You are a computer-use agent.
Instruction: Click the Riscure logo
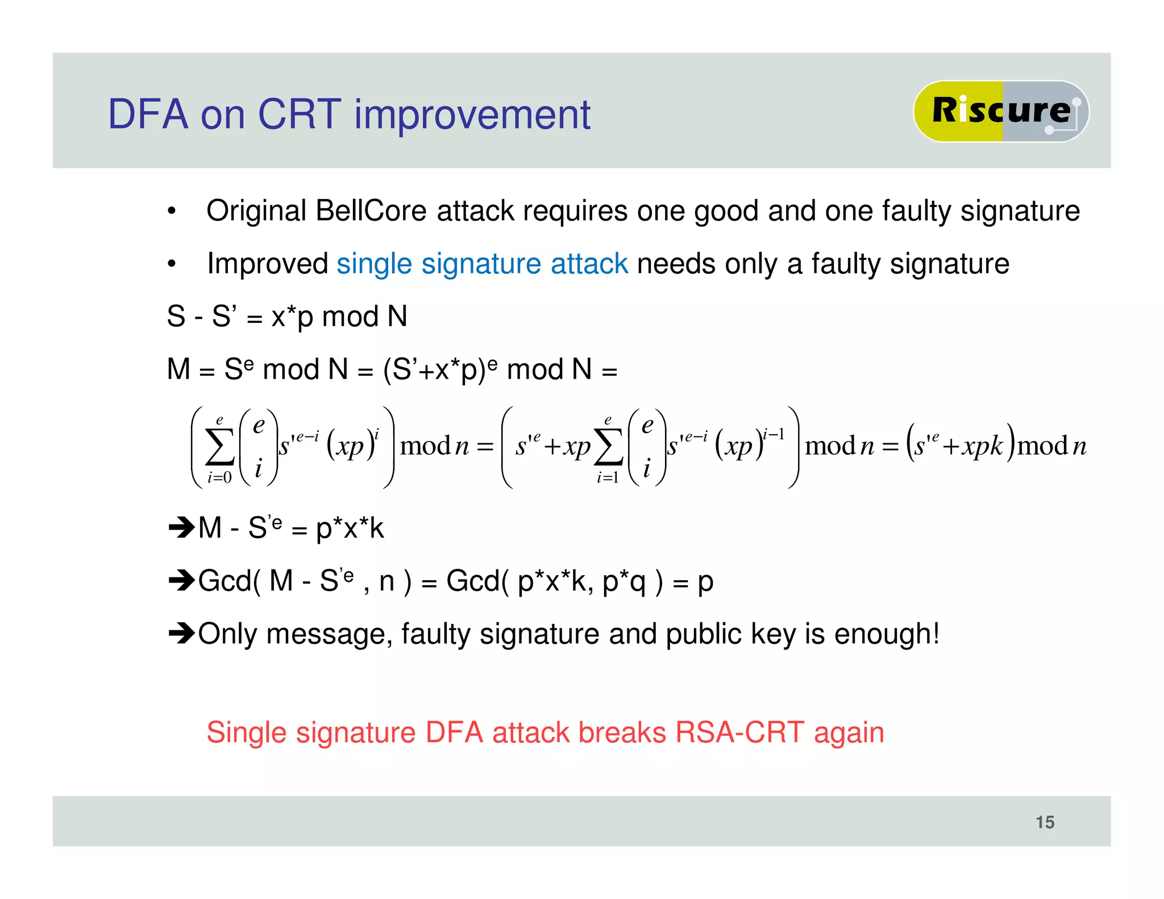(1000, 111)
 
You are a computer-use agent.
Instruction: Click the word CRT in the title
(300, 115)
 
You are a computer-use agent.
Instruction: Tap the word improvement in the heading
(472, 116)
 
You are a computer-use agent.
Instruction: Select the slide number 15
(1045, 822)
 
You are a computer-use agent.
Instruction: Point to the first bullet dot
(172, 212)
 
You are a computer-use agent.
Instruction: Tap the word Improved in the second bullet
(267, 264)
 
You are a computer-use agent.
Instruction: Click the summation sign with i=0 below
(220, 447)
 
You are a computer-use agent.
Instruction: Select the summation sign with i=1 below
(608, 447)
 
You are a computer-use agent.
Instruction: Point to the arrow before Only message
(182, 632)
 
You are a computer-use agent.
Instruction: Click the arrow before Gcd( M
(182, 580)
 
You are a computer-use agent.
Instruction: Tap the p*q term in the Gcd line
(623, 581)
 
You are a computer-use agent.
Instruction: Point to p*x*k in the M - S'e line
(350, 528)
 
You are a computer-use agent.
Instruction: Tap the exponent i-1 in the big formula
(774, 435)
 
